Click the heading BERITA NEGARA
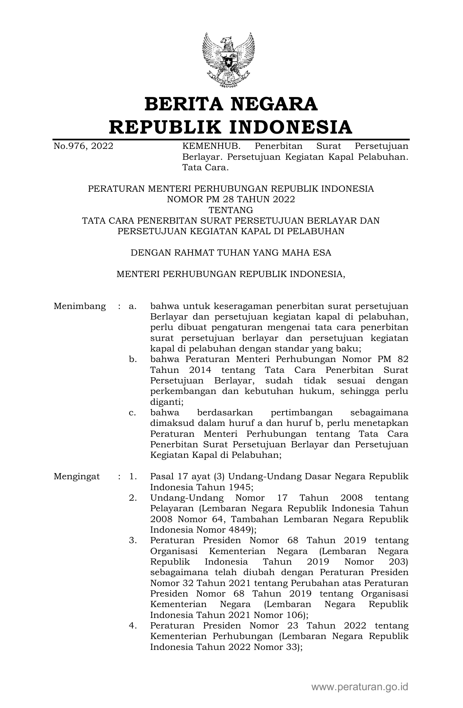231,104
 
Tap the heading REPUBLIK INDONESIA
231,127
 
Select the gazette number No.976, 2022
83,146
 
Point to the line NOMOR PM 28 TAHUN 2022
231,199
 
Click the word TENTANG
231,210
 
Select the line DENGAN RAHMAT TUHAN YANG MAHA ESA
231,253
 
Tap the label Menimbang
80,306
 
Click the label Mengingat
77,476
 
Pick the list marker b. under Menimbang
133,359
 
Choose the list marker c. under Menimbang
133,413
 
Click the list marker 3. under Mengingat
133,541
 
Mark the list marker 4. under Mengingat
133,626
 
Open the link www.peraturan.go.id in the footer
360,687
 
